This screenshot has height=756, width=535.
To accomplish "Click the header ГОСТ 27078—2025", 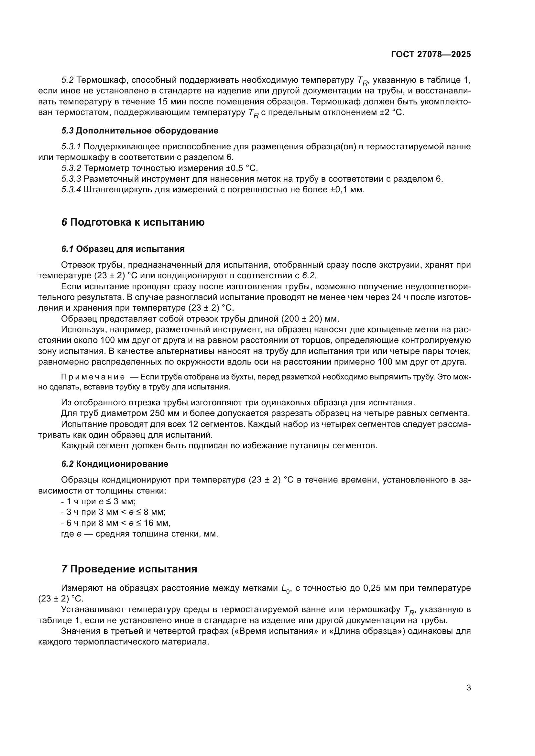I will [431, 55].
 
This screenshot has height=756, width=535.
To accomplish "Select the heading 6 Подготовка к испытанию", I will [133, 222].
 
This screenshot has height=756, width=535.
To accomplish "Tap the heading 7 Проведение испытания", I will [129, 569].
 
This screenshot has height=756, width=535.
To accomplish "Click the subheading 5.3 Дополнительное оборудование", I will [140, 131].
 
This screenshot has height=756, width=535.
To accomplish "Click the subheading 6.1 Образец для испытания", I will [123, 249].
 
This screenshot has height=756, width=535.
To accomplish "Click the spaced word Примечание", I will [93, 377].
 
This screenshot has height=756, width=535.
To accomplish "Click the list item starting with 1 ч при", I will [99, 502].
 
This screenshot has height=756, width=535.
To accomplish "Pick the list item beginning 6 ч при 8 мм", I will [116, 523].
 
